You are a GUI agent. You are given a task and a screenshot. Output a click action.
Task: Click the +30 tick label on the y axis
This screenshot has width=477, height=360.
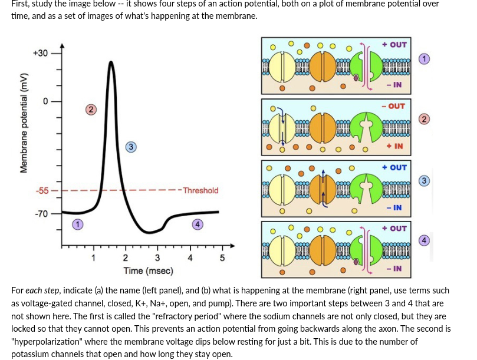[x=40, y=54]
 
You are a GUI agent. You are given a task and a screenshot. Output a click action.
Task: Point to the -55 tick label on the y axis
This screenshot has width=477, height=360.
[x=41, y=191]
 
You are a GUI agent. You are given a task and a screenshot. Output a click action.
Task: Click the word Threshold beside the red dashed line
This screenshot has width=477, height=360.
[x=200, y=190]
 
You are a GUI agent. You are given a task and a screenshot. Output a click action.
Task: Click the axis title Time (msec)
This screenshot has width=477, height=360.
[x=148, y=270]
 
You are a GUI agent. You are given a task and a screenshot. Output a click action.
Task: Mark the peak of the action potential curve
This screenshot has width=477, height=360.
[x=110, y=61]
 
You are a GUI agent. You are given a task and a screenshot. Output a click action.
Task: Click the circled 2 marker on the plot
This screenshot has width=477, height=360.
[x=90, y=110]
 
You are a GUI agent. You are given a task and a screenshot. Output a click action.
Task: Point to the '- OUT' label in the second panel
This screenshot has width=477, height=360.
[x=393, y=106]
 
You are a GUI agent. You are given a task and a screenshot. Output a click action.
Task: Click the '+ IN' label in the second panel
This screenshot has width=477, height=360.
[x=394, y=146]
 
